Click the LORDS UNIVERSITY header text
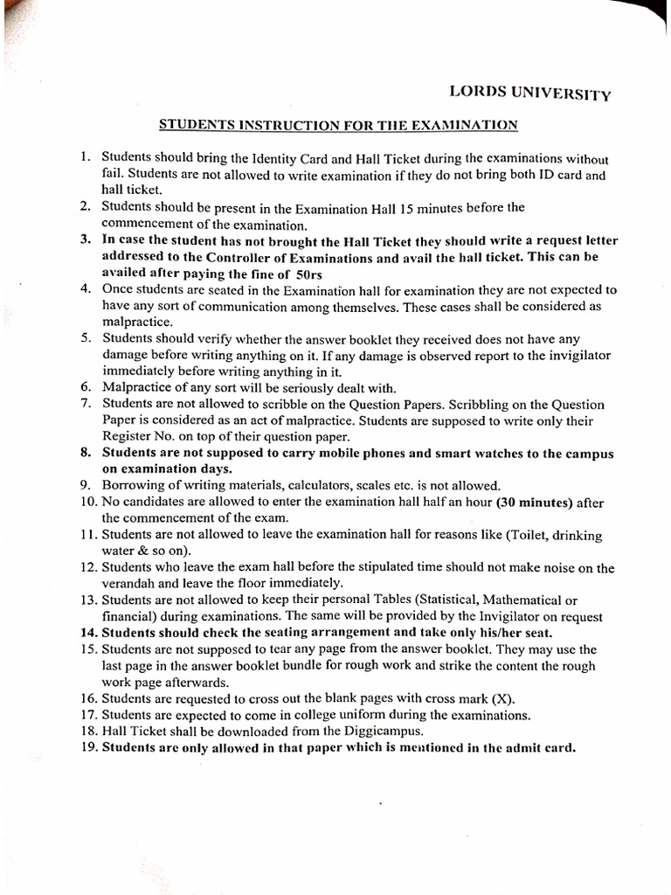click(529, 93)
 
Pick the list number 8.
click(86, 453)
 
